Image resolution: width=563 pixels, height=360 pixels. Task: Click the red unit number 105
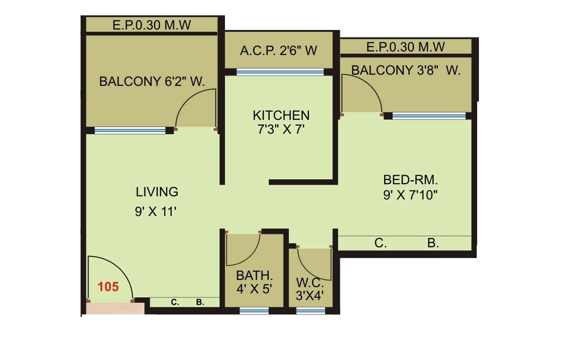point(108,287)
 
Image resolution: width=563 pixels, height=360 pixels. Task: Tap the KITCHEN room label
point(281,115)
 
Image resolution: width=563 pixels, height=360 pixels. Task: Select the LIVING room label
point(157,192)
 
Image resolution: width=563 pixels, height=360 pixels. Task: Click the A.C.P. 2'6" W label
point(278,51)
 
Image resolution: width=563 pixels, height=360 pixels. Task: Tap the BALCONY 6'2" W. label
point(152,82)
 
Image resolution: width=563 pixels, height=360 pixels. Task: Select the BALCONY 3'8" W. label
point(406,70)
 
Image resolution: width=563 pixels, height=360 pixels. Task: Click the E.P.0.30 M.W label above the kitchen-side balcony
point(406,47)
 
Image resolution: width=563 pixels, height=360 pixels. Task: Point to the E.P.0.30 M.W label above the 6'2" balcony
point(152,25)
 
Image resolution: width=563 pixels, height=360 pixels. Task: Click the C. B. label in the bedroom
point(406,243)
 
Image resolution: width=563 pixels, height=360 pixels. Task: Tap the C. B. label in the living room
point(187,302)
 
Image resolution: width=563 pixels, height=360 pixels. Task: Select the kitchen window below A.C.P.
point(280,72)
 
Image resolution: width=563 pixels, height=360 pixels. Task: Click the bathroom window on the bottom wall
point(254,310)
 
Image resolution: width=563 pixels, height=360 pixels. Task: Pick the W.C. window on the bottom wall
point(310,310)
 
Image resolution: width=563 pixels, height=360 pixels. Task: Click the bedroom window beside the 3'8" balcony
point(429,116)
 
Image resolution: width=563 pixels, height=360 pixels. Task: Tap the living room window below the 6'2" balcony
point(130,131)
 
